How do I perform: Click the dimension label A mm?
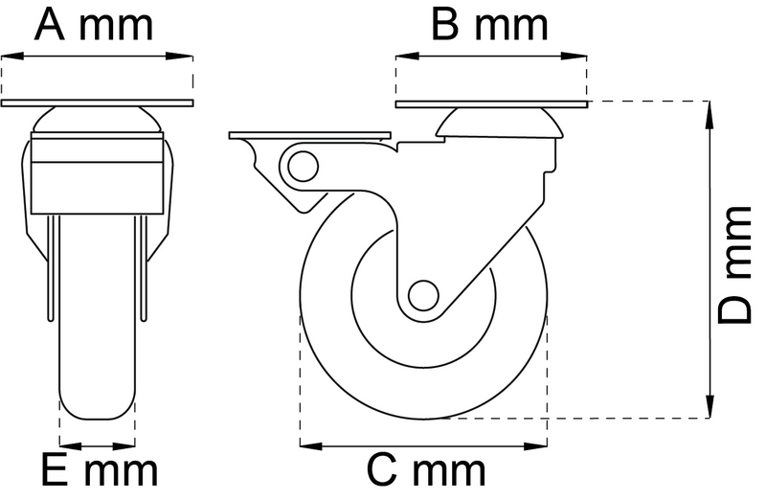point(94,25)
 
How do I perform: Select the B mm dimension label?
point(488,25)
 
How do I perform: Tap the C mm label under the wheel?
point(426,471)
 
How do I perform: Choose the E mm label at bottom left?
point(99,471)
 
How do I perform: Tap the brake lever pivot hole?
point(301,167)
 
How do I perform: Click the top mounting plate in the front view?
point(98,102)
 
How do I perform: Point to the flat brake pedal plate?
point(308,135)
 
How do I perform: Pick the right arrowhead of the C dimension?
point(541,444)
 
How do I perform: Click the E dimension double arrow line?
point(98,444)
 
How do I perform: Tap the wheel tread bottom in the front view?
point(98,414)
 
